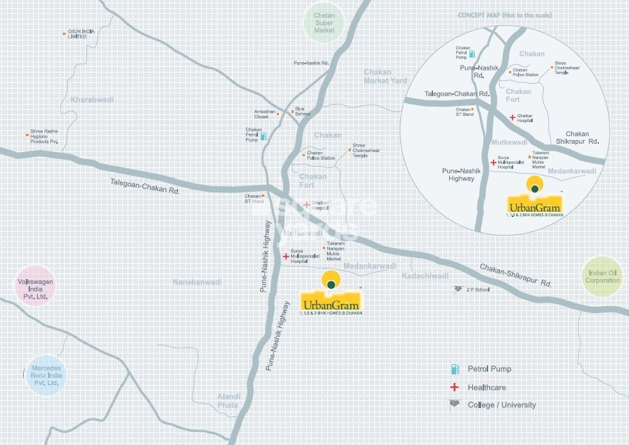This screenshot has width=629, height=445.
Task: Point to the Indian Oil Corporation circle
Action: [603, 276]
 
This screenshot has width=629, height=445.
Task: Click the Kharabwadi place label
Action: [91, 100]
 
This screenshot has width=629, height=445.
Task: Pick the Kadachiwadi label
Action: [425, 276]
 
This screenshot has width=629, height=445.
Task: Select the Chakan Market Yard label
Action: [385, 76]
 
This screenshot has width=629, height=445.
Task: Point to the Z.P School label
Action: [478, 289]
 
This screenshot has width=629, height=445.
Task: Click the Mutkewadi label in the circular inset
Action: [513, 141]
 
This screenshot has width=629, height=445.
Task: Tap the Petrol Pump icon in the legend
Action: [454, 368]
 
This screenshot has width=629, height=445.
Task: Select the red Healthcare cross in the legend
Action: [454, 387]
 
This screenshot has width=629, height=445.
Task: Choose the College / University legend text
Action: [501, 405]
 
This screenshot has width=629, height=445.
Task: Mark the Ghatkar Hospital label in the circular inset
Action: [525, 118]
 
